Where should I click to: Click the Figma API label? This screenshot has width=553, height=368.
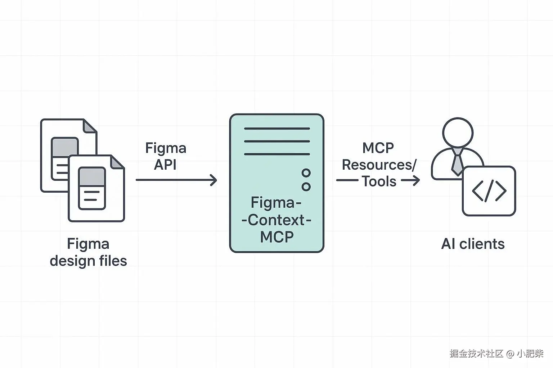pyautogui.click(x=166, y=156)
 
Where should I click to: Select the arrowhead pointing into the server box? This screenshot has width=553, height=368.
pyautogui.click(x=213, y=180)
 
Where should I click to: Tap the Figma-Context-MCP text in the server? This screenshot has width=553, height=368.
pyautogui.click(x=276, y=220)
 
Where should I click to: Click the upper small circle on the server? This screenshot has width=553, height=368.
pyautogui.click(x=306, y=173)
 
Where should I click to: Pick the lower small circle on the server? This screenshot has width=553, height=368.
pyautogui.click(x=306, y=187)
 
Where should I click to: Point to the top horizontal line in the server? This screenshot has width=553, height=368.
pyautogui.click(x=276, y=128)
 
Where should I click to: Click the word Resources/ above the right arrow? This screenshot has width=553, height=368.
pyautogui.click(x=379, y=165)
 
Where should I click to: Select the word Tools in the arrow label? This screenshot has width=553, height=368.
pyautogui.click(x=379, y=181)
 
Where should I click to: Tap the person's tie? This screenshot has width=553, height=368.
pyautogui.click(x=457, y=164)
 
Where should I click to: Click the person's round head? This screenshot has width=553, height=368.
pyautogui.click(x=458, y=132)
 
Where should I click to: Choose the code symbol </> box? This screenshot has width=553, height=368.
pyautogui.click(x=489, y=191)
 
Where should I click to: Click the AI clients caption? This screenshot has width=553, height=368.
pyautogui.click(x=473, y=244)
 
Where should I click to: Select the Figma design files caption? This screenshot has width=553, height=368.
pyautogui.click(x=88, y=252)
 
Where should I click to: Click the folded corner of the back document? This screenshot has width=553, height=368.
pyautogui.click(x=90, y=126)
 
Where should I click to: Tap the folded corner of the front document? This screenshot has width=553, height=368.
pyautogui.click(x=117, y=162)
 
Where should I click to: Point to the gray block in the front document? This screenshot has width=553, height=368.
pyautogui.click(x=92, y=177)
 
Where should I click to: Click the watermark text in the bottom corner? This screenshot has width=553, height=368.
pyautogui.click(x=496, y=354)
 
